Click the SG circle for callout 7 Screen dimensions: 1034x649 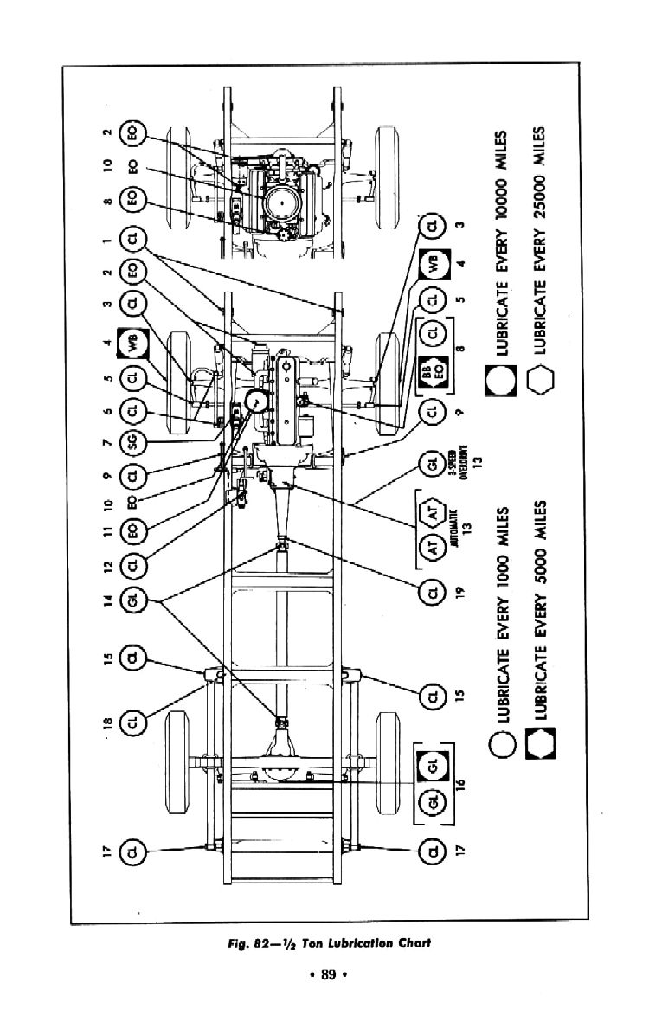click(x=134, y=442)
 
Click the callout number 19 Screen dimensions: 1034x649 click(x=459, y=593)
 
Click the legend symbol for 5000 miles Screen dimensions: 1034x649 click(x=540, y=742)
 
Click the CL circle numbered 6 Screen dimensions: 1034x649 click(x=134, y=409)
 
